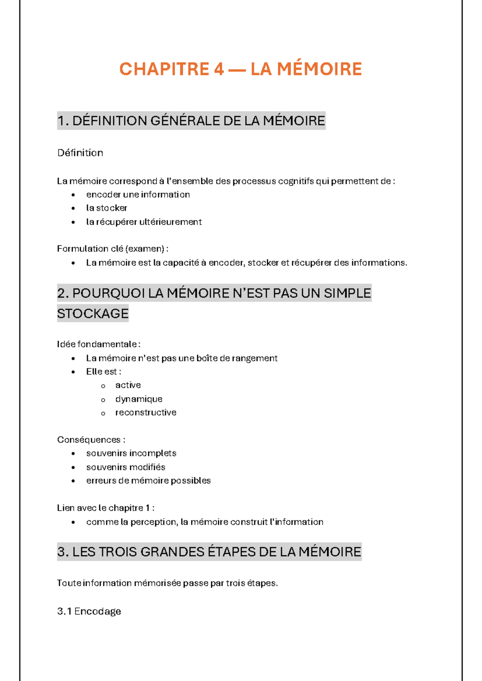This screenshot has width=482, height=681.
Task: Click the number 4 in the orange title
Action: point(219,69)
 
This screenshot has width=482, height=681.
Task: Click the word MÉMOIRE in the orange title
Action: point(319,69)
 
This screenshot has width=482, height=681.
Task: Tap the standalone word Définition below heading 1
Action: point(80,153)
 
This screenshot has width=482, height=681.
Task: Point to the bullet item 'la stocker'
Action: point(106,208)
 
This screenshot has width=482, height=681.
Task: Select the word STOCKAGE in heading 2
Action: point(93,314)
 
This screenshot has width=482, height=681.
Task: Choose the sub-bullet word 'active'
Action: point(128,385)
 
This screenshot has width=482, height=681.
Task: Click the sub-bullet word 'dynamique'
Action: point(139,399)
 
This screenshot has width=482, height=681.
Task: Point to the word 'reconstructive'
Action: point(146,412)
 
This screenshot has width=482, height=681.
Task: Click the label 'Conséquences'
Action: point(89,440)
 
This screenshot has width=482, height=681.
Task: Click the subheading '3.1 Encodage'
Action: point(89,611)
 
